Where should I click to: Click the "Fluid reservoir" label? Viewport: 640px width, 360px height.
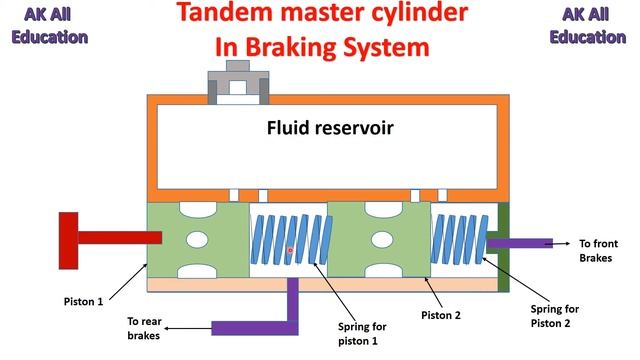pyautogui.click(x=330, y=128)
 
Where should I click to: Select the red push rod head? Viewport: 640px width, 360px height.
pyautogui.click(x=69, y=241)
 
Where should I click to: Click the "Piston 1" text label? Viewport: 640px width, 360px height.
pyautogui.click(x=83, y=302)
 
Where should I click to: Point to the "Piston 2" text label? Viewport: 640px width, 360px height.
pyautogui.click(x=441, y=315)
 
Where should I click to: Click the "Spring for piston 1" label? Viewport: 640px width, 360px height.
pyautogui.click(x=362, y=334)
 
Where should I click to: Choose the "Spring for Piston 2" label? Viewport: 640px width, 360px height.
pyautogui.click(x=554, y=316)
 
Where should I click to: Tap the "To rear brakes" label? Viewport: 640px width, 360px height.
pyautogui.click(x=144, y=328)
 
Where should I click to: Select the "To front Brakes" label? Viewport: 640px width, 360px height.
pyautogui.click(x=598, y=251)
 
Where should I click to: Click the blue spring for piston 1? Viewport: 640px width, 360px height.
pyautogui.click(x=291, y=240)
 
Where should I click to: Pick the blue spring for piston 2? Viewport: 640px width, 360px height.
pyautogui.click(x=460, y=240)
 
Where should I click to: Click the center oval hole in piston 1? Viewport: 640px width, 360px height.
pyautogui.click(x=197, y=240)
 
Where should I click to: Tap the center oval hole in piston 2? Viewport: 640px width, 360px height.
pyautogui.click(x=382, y=240)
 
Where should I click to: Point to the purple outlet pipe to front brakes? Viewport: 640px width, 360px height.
pyautogui.click(x=520, y=243)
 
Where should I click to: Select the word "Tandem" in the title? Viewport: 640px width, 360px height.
pyautogui.click(x=225, y=12)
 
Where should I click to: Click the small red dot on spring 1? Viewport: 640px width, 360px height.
pyautogui.click(x=290, y=250)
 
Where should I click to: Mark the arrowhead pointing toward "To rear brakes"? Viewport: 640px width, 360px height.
pyautogui.click(x=167, y=328)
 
